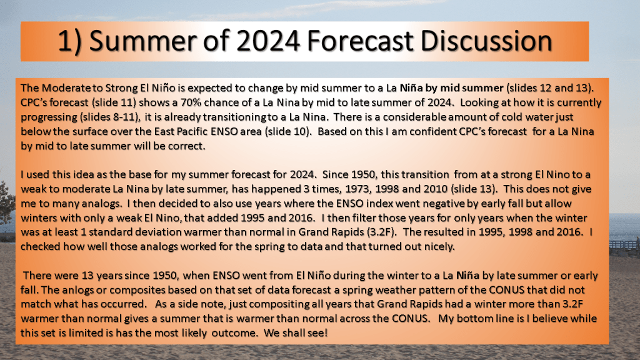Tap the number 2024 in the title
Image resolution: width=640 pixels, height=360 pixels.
click(x=268, y=41)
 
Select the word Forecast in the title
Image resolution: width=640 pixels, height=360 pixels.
click(x=361, y=41)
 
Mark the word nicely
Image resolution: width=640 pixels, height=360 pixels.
click(x=439, y=246)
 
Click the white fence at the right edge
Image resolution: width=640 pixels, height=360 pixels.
click(x=624, y=244)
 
